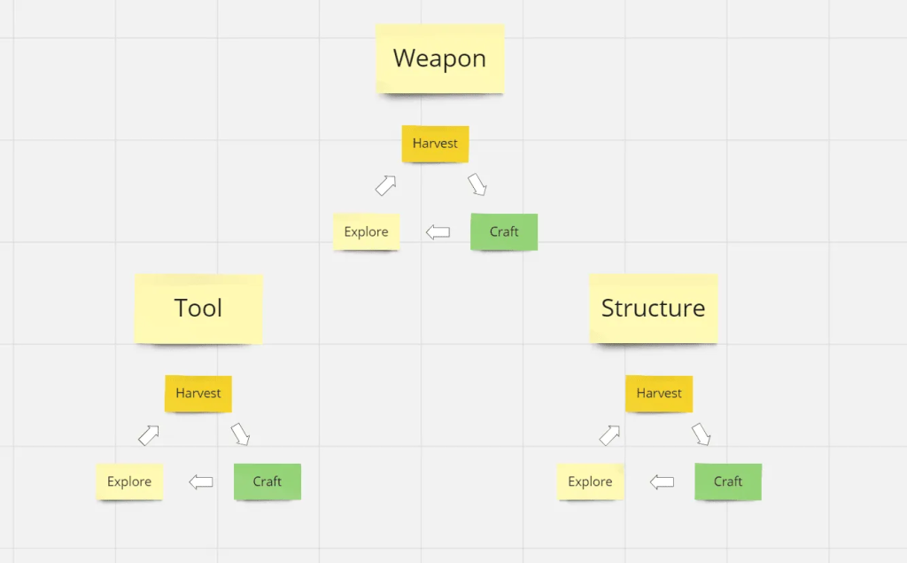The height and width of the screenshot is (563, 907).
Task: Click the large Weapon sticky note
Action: pos(439,59)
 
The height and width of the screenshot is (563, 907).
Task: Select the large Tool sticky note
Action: pos(198,309)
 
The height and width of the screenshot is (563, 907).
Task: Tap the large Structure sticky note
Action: pos(653,309)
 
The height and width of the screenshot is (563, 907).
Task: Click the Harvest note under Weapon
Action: pos(435,144)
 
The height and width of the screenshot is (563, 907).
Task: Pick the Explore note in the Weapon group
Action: pos(366,231)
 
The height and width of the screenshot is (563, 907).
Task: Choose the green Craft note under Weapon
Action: pos(504,231)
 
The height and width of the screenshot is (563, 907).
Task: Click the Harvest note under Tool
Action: pos(198,394)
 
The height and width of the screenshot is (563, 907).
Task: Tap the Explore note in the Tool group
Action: pos(129,482)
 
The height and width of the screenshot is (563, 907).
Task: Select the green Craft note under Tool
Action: pos(267,482)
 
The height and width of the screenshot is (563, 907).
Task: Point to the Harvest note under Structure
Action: pos(659,394)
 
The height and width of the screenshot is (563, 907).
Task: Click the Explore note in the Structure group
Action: pos(590,482)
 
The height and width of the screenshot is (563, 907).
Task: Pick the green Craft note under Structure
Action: pos(728,482)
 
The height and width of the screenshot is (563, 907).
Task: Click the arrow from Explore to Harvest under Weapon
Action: pos(386,185)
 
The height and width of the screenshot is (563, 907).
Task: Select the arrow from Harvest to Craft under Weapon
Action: pos(477,184)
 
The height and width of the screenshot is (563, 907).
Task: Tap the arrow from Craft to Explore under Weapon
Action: pos(438,232)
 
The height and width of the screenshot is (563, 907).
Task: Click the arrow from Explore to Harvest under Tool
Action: pos(149,435)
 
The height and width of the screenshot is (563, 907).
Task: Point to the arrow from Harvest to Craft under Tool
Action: pos(240,434)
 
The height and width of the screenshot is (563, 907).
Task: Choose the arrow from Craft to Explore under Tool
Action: pos(201,482)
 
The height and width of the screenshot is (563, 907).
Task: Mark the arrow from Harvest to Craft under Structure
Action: pos(702,434)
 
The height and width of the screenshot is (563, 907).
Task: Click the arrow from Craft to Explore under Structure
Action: pos(662,482)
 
